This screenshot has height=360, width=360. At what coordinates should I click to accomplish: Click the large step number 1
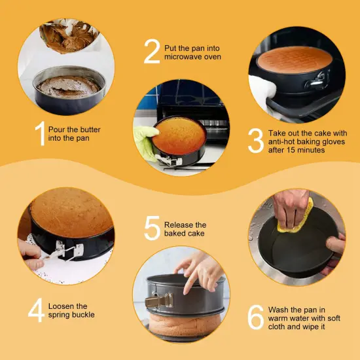tap(39, 133)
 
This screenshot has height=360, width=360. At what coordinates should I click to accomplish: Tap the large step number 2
tap(152, 52)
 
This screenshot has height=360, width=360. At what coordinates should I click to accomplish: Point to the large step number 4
tap(37, 310)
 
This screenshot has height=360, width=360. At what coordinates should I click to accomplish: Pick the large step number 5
tap(152, 228)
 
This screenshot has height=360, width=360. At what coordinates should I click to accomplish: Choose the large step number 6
tap(255, 317)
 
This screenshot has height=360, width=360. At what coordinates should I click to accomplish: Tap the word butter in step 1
tap(88, 130)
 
